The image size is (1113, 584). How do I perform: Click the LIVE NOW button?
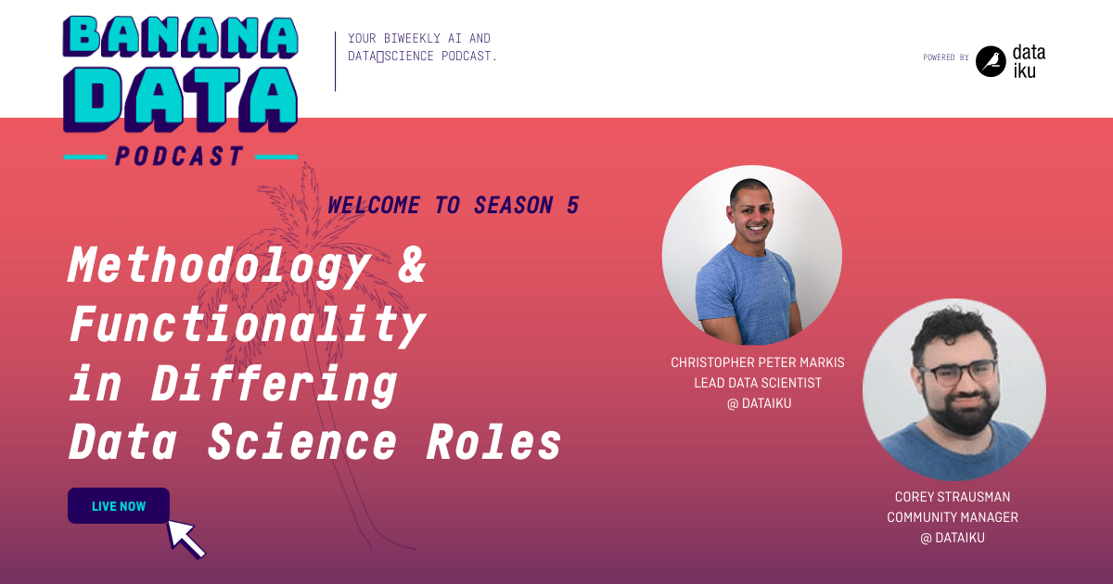click(x=119, y=506)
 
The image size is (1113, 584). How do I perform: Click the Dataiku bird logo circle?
click(x=991, y=61)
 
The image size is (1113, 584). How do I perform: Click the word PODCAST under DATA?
click(x=181, y=156)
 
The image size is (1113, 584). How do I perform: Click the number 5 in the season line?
click(x=572, y=206)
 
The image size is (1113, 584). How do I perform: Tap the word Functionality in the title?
click(x=247, y=326)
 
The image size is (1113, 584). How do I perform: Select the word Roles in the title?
click(x=494, y=443)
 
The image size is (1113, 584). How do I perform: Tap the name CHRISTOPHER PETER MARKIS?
click(x=758, y=362)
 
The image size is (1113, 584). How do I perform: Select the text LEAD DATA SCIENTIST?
click(x=758, y=383)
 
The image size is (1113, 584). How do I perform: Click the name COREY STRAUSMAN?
click(x=953, y=497)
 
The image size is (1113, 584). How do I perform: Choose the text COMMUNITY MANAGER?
click(x=953, y=517)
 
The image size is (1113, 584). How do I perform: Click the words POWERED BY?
click(x=945, y=57)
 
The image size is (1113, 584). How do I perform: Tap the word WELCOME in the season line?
click(x=374, y=206)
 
